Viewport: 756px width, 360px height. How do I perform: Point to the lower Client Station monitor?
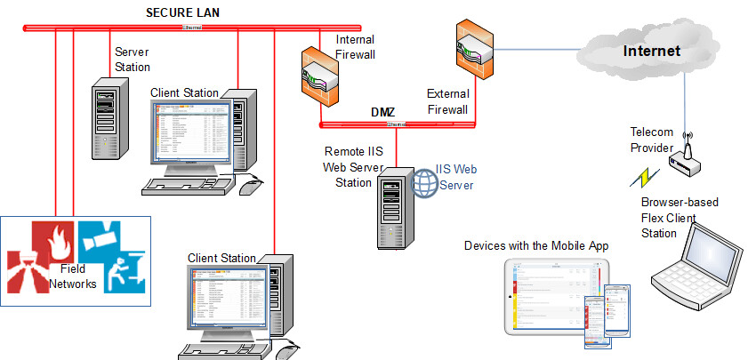(228, 300)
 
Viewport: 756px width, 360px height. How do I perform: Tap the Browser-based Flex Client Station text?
(680, 218)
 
